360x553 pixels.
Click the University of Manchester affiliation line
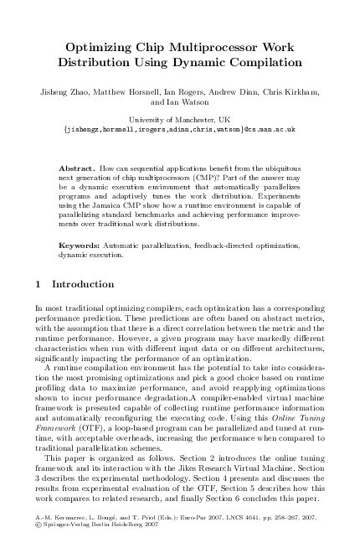179,120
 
